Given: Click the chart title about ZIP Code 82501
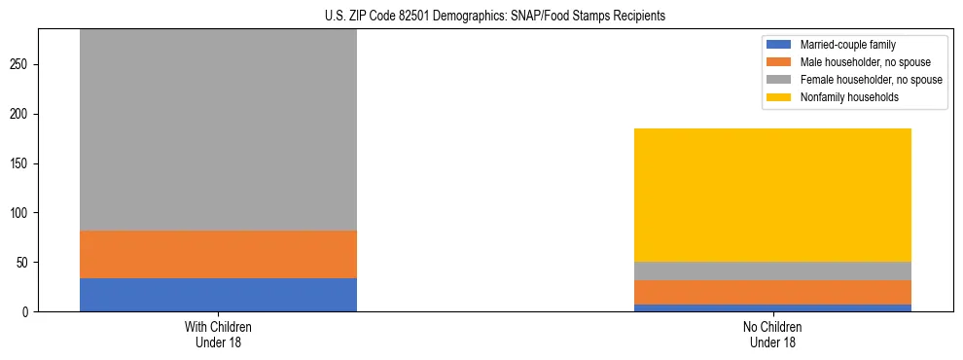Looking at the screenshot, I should coord(481,17).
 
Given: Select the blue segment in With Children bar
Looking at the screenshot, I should coord(218,295).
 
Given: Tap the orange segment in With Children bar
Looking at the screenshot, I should coord(218,254).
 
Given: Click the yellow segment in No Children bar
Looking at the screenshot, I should coord(772,195).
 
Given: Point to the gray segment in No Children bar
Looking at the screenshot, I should coord(772,270).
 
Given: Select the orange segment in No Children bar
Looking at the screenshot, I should coord(772,292).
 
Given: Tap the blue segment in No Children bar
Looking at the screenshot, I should coord(772,307).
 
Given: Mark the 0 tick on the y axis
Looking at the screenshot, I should coord(29,311).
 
